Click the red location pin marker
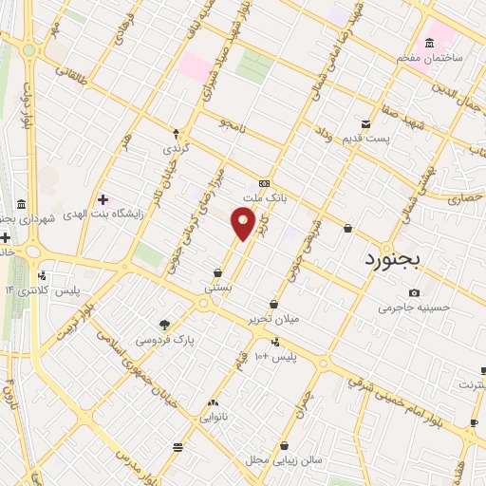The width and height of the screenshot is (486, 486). pyautogui.click(x=244, y=224)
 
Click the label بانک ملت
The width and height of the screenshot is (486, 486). pyautogui.click(x=264, y=199)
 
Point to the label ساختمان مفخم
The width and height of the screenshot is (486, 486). pyautogui.click(x=430, y=58)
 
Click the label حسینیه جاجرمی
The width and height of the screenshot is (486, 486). pyautogui.click(x=411, y=307)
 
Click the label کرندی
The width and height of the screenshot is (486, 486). pyautogui.click(x=176, y=149)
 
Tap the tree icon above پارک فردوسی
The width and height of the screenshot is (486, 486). pyautogui.click(x=165, y=325)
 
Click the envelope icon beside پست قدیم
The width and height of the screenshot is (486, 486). pyautogui.click(x=366, y=124)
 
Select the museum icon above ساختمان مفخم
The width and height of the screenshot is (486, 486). pyautogui.click(x=430, y=43)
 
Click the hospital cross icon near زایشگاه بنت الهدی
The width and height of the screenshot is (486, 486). pyautogui.click(x=103, y=200)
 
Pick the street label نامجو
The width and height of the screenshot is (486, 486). pyautogui.click(x=232, y=123)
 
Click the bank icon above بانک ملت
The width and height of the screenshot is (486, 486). pyautogui.click(x=264, y=184)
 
